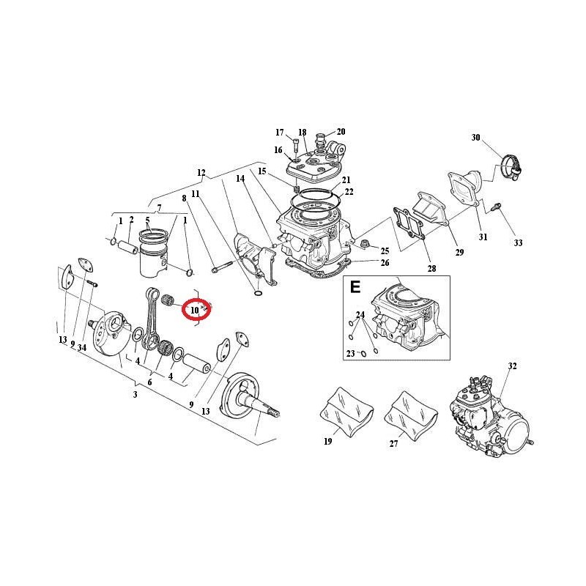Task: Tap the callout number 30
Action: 475,138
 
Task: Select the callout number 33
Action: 518,243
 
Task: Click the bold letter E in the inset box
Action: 355,287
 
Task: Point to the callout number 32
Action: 512,366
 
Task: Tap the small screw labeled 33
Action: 497,206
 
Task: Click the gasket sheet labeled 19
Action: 346,411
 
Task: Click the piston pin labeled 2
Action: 128,247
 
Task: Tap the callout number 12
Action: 201,173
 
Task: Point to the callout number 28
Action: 431,269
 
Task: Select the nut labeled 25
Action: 364,244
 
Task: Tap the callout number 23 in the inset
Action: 350,353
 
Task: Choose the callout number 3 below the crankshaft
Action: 136,394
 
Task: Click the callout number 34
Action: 82,347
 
